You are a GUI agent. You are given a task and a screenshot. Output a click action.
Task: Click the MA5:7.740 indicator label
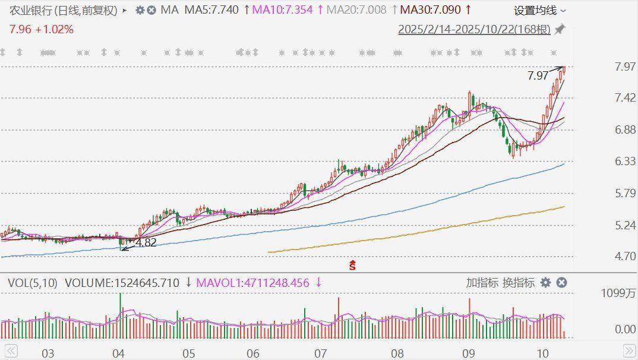click(x=211, y=10)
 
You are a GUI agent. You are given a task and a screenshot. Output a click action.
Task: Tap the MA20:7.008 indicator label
click(x=356, y=10)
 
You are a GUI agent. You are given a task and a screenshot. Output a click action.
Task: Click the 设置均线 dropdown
click(x=539, y=10)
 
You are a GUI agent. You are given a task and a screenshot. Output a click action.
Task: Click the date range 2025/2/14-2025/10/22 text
click(x=474, y=29)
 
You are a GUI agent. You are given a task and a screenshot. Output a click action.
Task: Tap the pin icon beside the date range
click(x=560, y=29)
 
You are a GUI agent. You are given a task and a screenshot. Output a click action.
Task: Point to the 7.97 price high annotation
click(x=538, y=75)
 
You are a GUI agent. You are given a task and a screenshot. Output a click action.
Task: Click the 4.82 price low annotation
click(x=146, y=242)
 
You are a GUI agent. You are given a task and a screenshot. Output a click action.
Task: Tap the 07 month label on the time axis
click(x=321, y=353)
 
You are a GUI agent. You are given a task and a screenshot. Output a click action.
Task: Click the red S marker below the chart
click(x=352, y=265)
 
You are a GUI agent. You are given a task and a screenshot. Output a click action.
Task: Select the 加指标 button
click(x=482, y=283)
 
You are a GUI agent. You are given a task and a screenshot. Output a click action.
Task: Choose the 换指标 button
click(x=518, y=283)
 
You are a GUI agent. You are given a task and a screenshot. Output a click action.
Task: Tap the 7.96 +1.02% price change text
click(x=41, y=29)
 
